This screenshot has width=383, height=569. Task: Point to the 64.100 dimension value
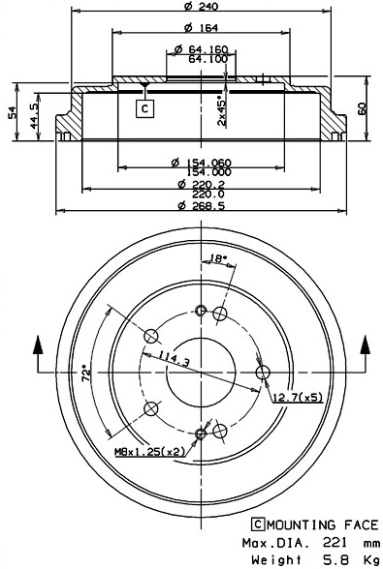coord(203,58)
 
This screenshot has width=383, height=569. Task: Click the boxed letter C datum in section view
coord(144,108)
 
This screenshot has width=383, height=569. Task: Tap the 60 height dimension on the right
coord(364,109)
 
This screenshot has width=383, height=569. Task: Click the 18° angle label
coord(218,258)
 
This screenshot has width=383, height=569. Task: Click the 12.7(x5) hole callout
coord(296,398)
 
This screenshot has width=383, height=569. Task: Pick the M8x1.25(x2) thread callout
coord(150,452)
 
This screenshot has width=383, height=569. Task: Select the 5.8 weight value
coord(331,559)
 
